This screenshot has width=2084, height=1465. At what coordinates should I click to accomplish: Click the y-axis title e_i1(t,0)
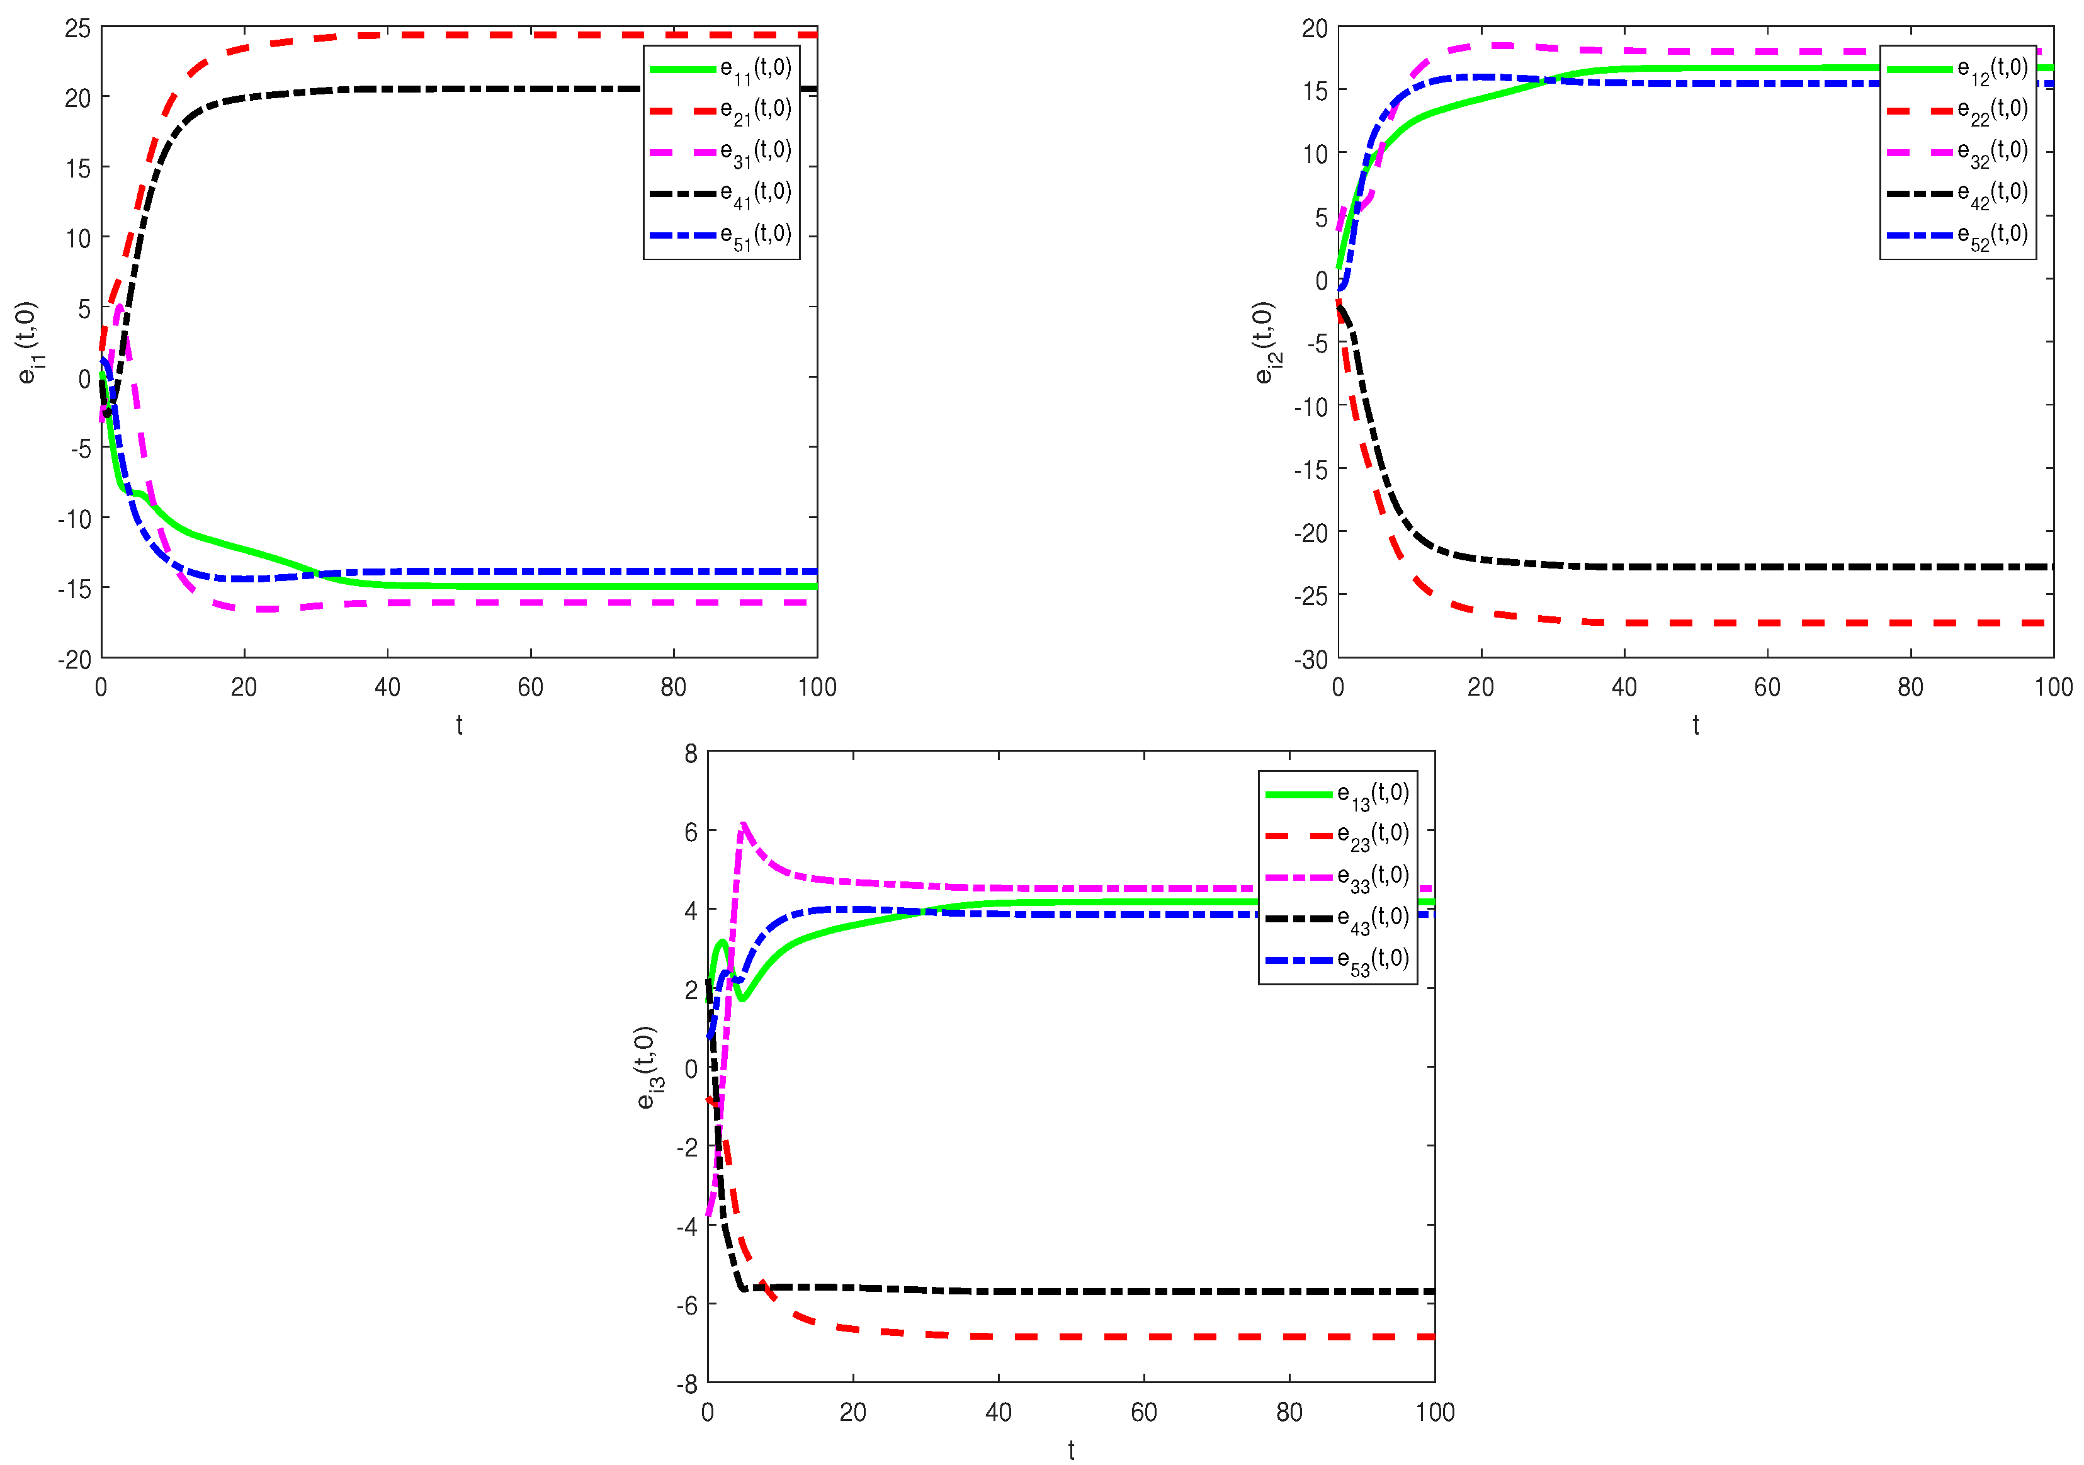pos(27,342)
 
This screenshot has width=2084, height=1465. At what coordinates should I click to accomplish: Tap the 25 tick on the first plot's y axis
pos(78,28)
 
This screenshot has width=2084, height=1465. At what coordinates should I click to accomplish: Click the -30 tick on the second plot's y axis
pos(1311,660)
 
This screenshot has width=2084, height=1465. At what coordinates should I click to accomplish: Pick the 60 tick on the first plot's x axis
pos(530,687)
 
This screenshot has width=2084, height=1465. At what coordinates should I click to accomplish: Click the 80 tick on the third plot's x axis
pos(1289,1412)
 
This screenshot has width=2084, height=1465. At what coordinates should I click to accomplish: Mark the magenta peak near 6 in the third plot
pos(744,824)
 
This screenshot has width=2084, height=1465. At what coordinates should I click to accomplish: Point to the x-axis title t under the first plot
pos(459,725)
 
